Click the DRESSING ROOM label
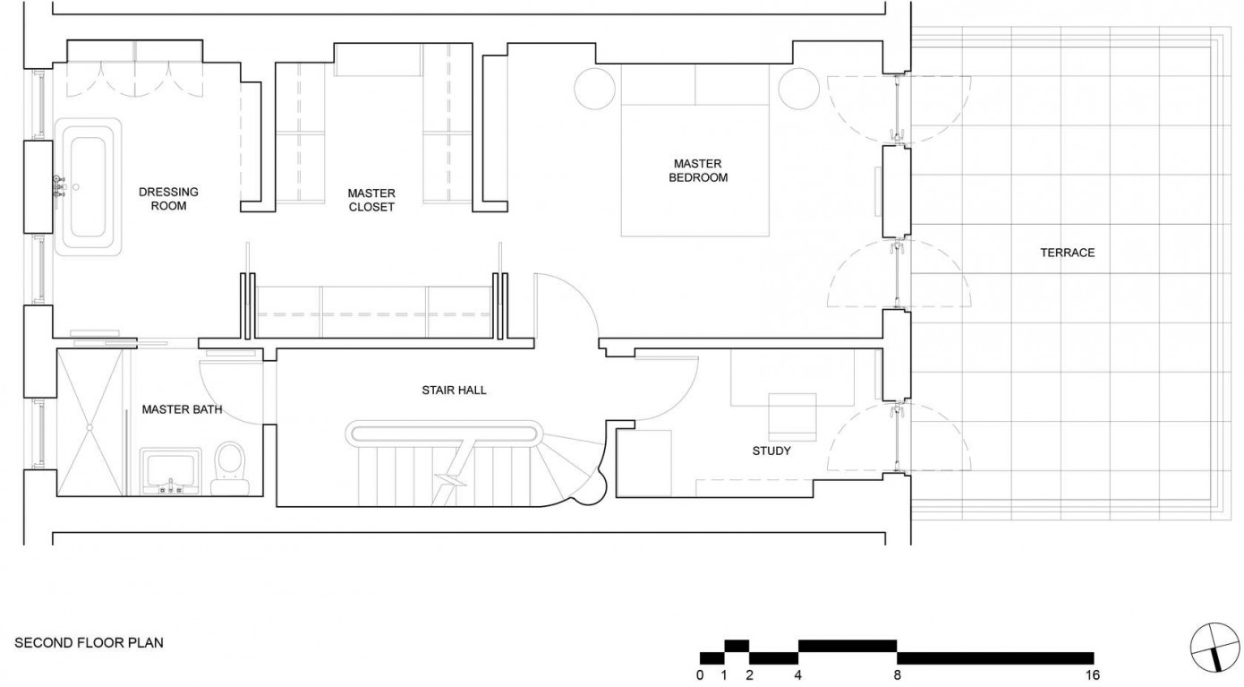(168, 199)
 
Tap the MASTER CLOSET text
(371, 200)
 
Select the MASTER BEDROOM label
(698, 171)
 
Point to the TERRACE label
(1068, 253)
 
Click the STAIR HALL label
(454, 391)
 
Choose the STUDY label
(771, 451)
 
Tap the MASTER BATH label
(183, 409)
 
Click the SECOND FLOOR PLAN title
(89, 643)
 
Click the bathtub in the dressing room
(88, 187)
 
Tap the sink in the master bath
(170, 471)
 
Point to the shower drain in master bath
(89, 427)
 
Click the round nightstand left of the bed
(595, 89)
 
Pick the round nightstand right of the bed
(798, 89)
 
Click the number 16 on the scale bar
(1093, 675)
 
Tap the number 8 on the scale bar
(897, 675)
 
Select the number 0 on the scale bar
(700, 675)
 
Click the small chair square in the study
(793, 416)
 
